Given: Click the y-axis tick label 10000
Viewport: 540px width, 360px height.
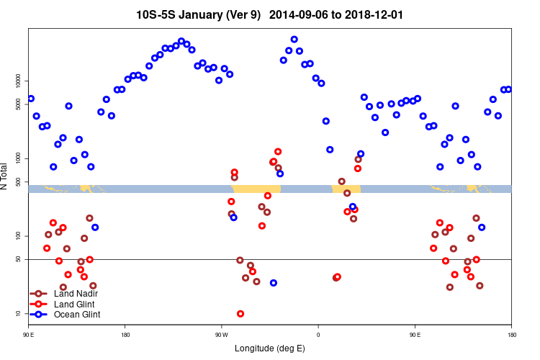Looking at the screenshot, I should tap(19, 80).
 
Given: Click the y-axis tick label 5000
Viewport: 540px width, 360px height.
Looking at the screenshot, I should tap(19, 104).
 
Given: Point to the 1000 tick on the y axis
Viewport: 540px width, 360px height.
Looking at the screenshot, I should tap(19, 158).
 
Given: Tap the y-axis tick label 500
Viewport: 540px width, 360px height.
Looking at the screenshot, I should tap(19, 181).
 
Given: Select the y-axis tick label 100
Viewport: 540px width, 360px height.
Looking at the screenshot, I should tap(19, 235).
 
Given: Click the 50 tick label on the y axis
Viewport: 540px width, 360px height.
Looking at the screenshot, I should tap(19, 259).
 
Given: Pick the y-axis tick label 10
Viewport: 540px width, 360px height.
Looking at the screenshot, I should tap(19, 313).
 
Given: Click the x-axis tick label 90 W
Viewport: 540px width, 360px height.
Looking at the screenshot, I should tap(221, 335).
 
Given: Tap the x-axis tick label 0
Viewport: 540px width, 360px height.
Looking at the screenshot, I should tap(318, 335).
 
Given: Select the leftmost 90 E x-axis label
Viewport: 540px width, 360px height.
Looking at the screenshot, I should tap(28, 335).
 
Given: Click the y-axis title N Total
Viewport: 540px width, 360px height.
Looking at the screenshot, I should tap(6, 176).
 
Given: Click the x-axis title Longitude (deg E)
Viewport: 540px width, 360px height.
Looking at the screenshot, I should tap(270, 348).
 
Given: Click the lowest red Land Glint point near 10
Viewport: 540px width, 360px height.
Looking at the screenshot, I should tap(240, 314).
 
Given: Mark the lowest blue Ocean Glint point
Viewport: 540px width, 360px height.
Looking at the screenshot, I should tap(274, 283).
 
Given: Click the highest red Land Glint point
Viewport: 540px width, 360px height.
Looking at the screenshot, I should tap(278, 152).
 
